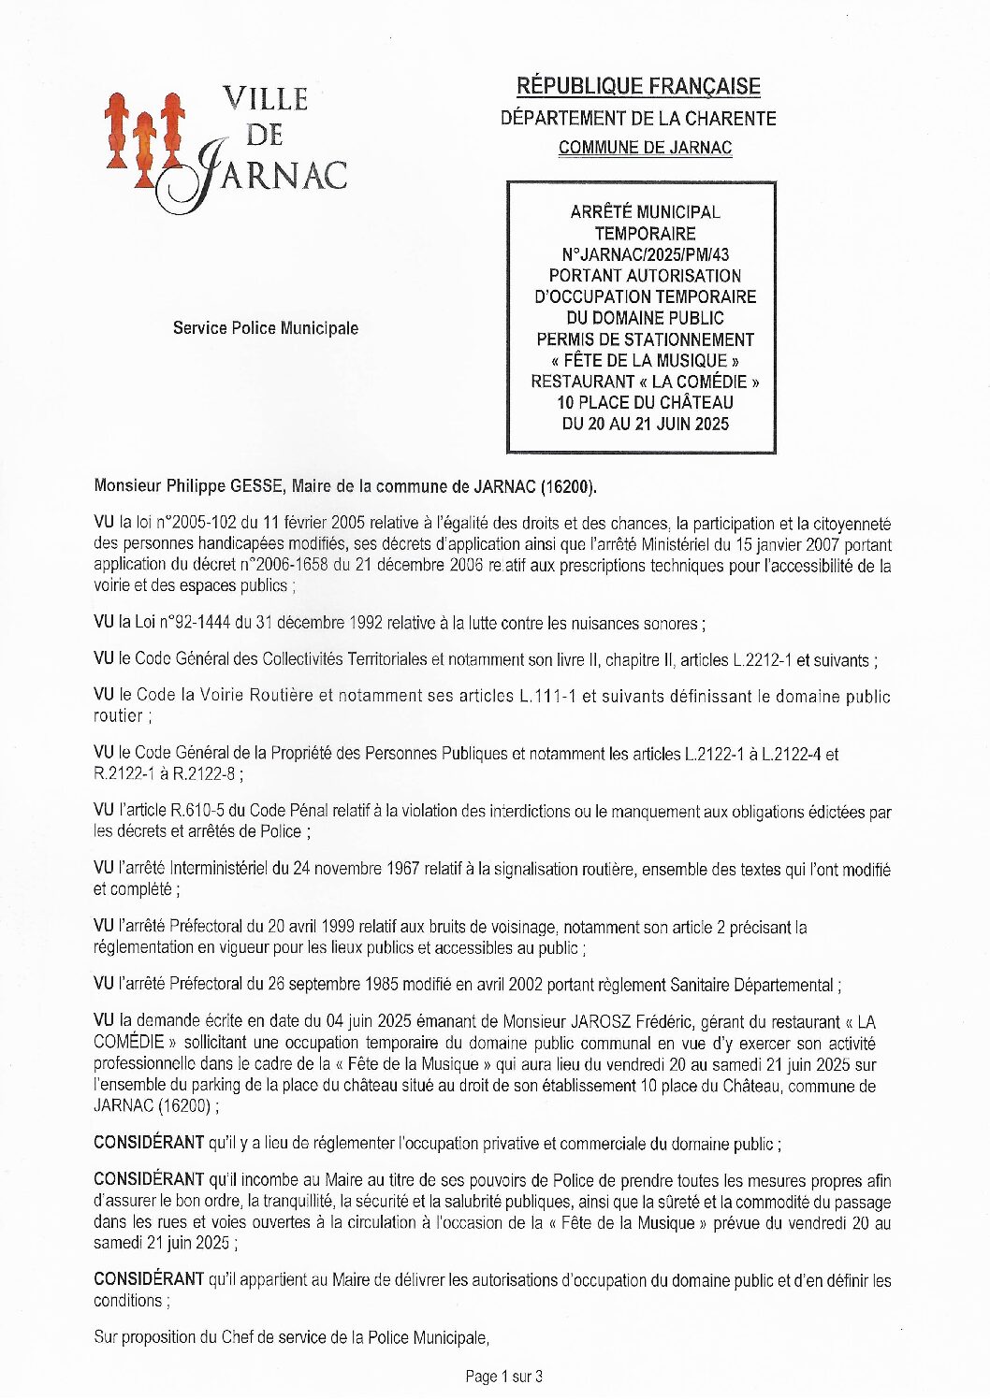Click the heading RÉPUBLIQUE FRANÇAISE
638,87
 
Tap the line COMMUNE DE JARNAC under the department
645,148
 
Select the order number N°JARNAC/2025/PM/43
645,254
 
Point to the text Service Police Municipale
265,328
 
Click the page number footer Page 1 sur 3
503,1376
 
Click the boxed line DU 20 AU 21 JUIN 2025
645,424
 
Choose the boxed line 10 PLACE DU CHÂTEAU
645,403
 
